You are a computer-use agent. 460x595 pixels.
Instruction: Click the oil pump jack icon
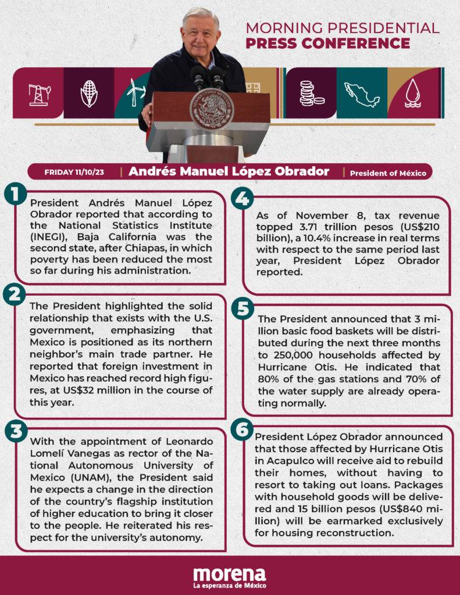pos(39,93)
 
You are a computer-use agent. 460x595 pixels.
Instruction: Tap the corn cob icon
pos(89,93)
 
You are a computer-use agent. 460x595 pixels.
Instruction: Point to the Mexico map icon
pos(362,93)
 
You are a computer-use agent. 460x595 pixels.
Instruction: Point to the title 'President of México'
pos(388,173)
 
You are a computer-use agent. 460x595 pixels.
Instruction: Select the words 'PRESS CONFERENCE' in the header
pos(327,43)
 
